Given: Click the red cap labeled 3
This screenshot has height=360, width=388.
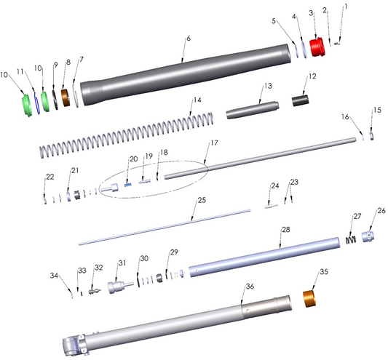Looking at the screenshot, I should [317, 48].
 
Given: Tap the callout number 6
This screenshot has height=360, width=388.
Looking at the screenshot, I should [187, 38].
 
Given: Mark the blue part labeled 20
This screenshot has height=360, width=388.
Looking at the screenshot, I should [129, 183].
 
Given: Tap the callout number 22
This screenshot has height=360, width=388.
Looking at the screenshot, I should [49, 177].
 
